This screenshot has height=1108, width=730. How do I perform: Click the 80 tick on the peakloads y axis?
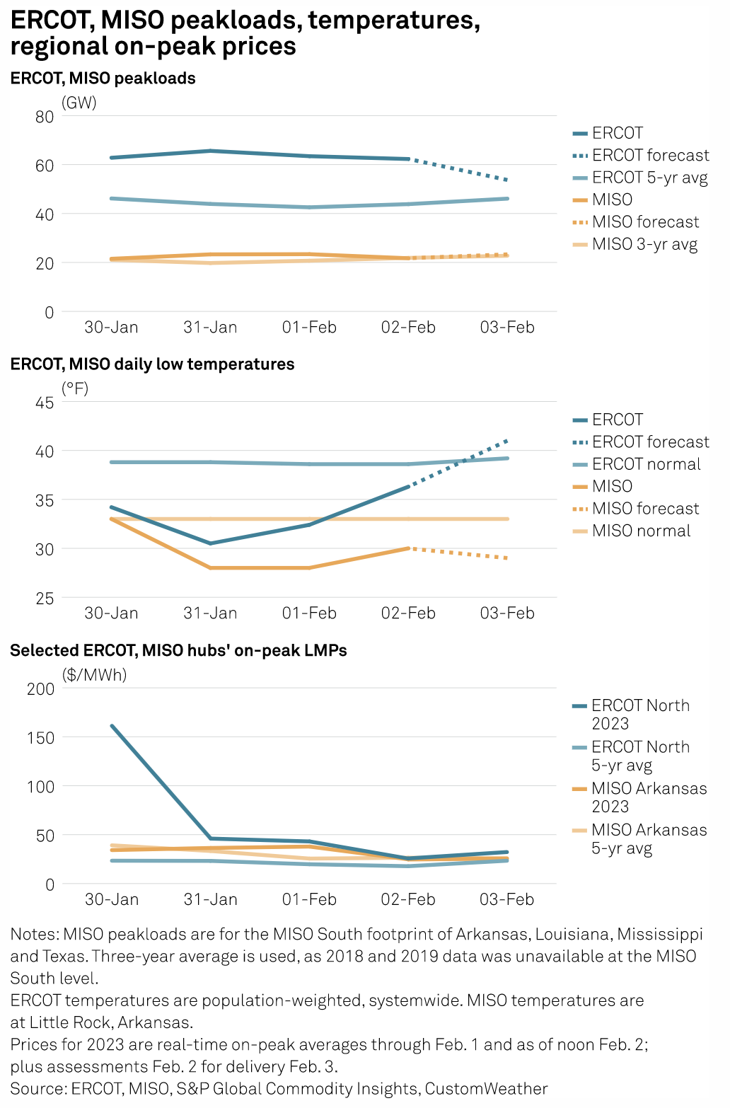tap(45, 117)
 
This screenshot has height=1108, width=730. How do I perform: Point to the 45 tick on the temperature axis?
tap(45, 403)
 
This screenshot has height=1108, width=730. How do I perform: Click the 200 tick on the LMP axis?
tap(40, 689)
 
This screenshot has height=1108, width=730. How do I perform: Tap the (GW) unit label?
tap(79, 103)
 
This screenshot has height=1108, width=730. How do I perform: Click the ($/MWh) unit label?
tap(94, 675)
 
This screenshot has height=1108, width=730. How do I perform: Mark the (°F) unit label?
tap(75, 388)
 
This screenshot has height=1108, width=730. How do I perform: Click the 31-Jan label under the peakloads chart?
tap(210, 328)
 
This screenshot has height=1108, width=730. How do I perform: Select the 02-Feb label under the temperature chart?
tap(408, 613)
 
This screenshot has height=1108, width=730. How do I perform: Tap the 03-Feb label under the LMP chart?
tap(507, 899)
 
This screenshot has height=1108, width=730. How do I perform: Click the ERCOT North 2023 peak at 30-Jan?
tap(112, 726)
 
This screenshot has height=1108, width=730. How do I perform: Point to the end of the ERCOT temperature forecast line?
tap(508, 440)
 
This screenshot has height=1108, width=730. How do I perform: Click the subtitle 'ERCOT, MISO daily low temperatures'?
tap(152, 364)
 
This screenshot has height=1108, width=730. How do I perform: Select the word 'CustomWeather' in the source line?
tap(487, 1089)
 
